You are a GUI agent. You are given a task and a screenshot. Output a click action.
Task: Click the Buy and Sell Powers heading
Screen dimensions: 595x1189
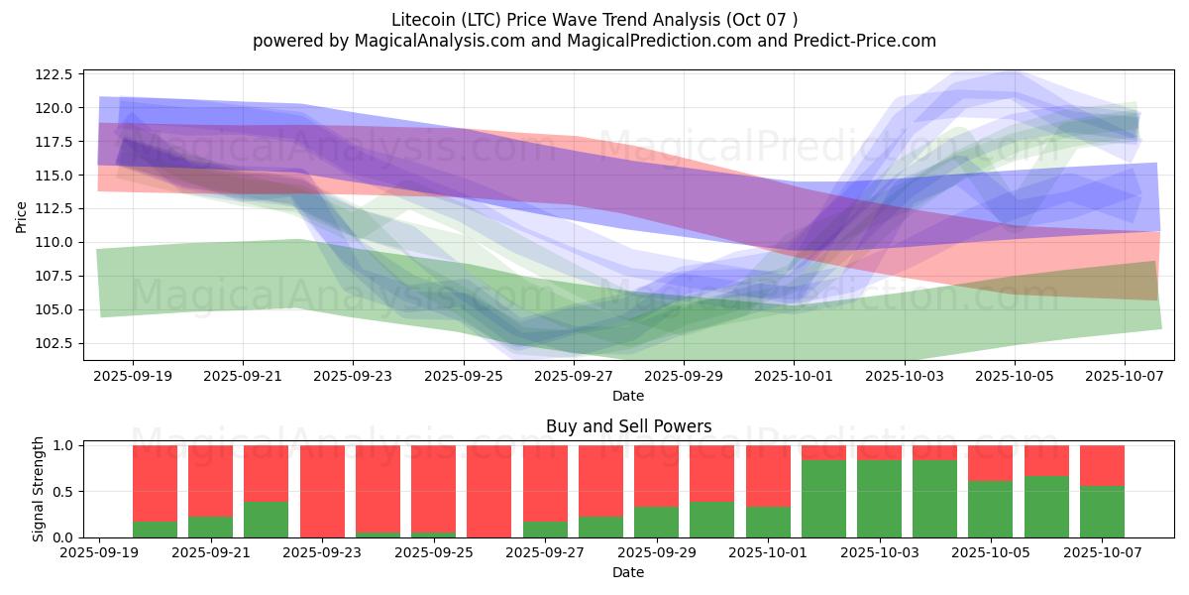pos(628,427)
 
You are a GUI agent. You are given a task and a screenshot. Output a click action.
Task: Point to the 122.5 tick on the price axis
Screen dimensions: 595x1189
pos(54,74)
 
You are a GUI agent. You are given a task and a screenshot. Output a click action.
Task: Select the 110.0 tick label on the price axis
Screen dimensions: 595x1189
pos(54,242)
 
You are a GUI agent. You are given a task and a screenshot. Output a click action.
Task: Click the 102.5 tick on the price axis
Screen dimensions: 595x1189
pos(54,343)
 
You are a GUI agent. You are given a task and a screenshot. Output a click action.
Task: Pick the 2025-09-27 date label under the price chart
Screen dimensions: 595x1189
pos(574,377)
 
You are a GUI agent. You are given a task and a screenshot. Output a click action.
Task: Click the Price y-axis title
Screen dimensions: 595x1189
pos(22,215)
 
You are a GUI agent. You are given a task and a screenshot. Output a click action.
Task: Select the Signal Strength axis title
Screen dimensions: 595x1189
pos(39,489)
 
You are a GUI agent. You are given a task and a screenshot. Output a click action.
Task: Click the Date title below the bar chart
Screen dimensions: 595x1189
pos(628,572)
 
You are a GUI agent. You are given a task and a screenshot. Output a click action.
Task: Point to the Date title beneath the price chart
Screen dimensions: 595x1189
pos(628,396)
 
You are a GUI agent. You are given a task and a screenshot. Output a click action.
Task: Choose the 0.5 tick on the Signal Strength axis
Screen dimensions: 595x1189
pos(62,492)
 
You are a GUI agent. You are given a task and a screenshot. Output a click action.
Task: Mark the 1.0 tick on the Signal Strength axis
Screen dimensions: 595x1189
pos(62,445)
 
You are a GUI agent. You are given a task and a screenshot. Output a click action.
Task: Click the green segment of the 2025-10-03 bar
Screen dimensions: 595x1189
pos(879,499)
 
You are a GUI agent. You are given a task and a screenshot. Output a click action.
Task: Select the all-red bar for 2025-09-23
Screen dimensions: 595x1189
pos(322,491)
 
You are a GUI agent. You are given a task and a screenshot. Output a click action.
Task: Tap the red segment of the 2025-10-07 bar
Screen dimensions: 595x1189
pos(1102,465)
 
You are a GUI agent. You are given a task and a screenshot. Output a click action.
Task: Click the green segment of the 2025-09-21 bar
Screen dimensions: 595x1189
pos(210,527)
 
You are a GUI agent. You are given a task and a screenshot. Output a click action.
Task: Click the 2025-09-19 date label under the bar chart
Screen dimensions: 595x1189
pos(99,553)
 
